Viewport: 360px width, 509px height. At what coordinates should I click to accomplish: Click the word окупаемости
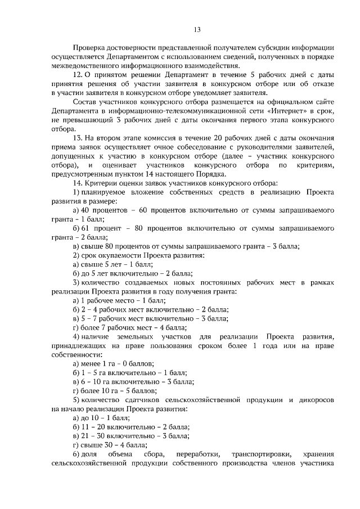pos(114,255)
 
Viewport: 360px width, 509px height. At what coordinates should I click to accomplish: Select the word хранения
pos(318,454)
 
